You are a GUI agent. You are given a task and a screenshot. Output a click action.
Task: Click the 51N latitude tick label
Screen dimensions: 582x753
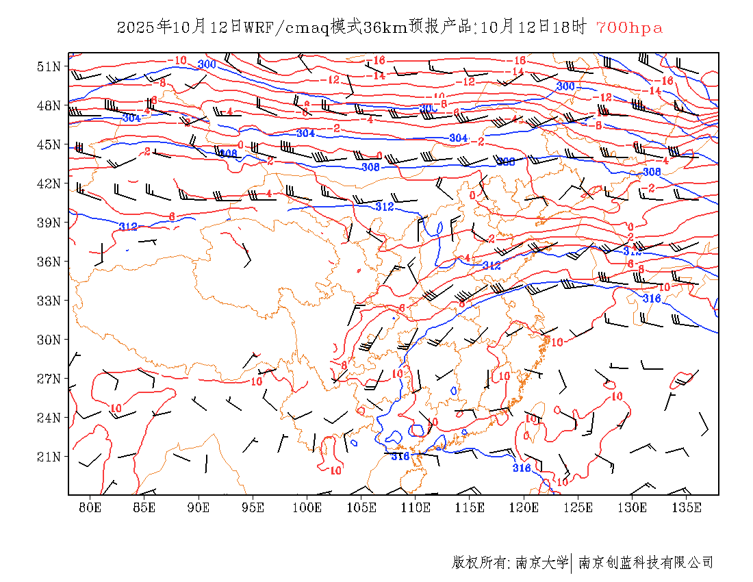49,66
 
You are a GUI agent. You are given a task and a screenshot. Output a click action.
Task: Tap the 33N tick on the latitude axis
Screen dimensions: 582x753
49,301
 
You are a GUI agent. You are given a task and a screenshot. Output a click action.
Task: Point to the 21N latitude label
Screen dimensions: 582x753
49,457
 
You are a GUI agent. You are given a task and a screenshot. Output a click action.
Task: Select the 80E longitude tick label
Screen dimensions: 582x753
90,507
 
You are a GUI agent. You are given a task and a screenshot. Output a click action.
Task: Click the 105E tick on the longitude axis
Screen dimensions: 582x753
361,507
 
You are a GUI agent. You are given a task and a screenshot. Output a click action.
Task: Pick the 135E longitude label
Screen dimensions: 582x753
687,507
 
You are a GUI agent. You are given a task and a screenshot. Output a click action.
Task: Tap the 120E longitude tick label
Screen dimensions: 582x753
524,507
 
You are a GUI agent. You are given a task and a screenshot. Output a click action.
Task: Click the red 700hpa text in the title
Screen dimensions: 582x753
629,27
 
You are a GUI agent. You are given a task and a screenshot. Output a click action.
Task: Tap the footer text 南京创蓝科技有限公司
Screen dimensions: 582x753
646,563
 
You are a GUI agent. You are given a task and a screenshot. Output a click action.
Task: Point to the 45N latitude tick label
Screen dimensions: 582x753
49,144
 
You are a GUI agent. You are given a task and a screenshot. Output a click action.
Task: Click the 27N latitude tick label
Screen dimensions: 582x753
49,379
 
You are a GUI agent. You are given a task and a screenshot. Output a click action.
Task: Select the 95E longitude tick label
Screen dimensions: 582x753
253,507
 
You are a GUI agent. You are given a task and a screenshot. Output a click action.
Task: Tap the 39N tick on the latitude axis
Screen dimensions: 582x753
49,223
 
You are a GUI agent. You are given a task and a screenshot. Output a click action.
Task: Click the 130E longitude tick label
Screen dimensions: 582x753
633,507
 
